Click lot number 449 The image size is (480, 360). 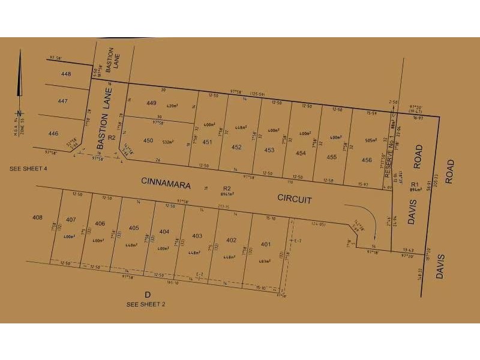151,102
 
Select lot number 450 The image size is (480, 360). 148,140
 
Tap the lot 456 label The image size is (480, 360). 367,160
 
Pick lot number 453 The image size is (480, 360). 269,150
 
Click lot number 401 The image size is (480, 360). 266,244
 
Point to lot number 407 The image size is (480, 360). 71,219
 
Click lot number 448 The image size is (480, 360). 66,73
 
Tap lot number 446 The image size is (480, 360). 53,133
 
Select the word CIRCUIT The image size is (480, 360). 294,199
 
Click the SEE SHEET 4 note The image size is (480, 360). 28,169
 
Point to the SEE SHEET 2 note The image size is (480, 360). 146,304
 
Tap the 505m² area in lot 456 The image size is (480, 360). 372,140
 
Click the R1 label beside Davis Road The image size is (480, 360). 413,184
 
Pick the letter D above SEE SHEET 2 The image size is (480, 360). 147,294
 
